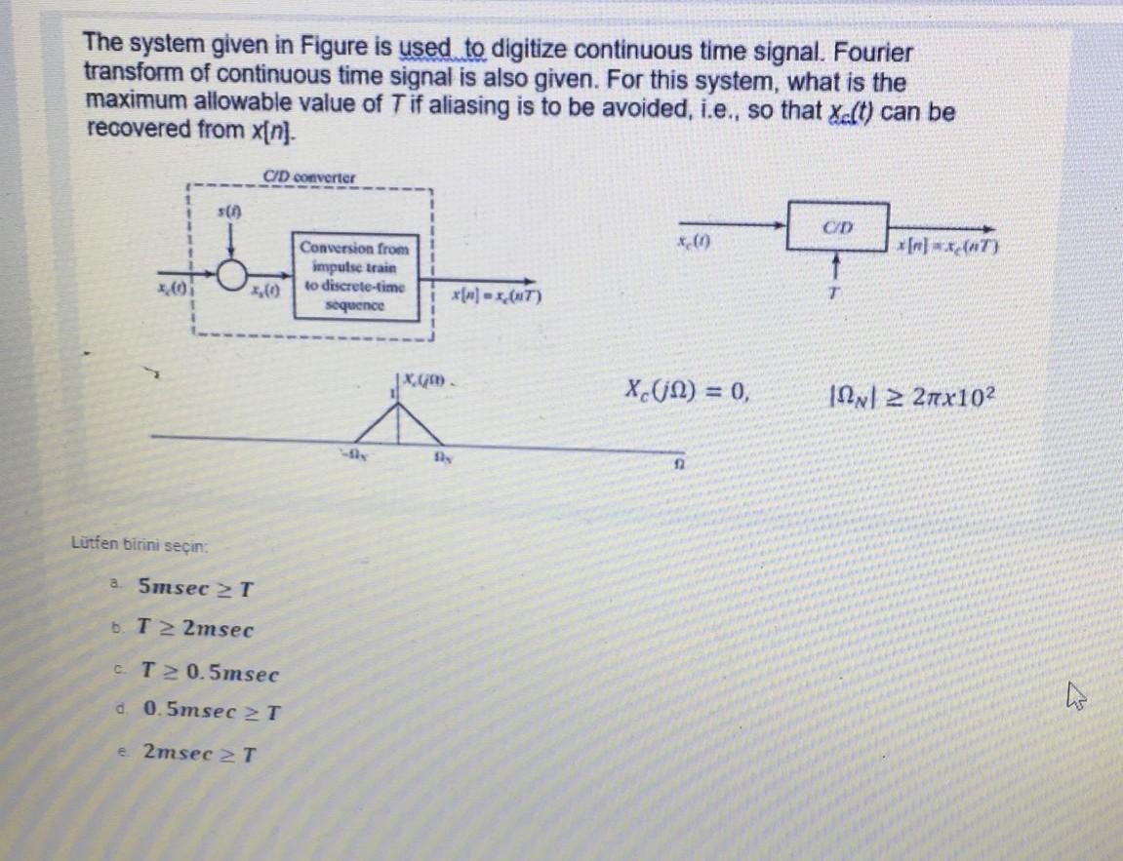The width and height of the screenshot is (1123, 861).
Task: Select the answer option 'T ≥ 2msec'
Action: (x=196, y=630)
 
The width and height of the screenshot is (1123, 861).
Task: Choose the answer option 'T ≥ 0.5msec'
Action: (x=210, y=673)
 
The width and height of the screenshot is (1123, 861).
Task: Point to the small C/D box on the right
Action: (x=837, y=228)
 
